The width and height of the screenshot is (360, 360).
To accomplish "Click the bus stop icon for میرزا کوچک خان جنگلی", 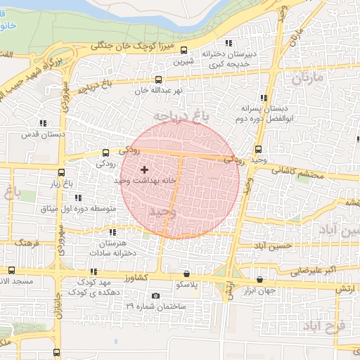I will click(184, 50).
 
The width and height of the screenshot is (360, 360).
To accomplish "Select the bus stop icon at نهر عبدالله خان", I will click(158, 80).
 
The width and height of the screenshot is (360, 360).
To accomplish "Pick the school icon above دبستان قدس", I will click(44, 123).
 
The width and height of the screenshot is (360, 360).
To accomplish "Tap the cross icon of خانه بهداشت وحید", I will click(145, 169).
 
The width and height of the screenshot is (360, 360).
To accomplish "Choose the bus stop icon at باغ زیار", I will click(62, 172).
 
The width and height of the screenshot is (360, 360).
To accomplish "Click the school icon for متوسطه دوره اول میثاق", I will click(78, 198).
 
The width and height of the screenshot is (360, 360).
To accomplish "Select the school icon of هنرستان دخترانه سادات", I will click(112, 231).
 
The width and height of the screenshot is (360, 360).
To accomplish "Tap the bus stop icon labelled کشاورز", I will click(93, 271).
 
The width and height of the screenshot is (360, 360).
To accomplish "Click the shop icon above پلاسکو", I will click(186, 274).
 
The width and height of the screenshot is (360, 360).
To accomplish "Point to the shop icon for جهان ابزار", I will click(261, 278).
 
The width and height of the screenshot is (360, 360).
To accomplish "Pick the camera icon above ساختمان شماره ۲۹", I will click(155, 295).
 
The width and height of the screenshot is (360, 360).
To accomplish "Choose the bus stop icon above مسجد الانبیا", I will click(11, 271).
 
